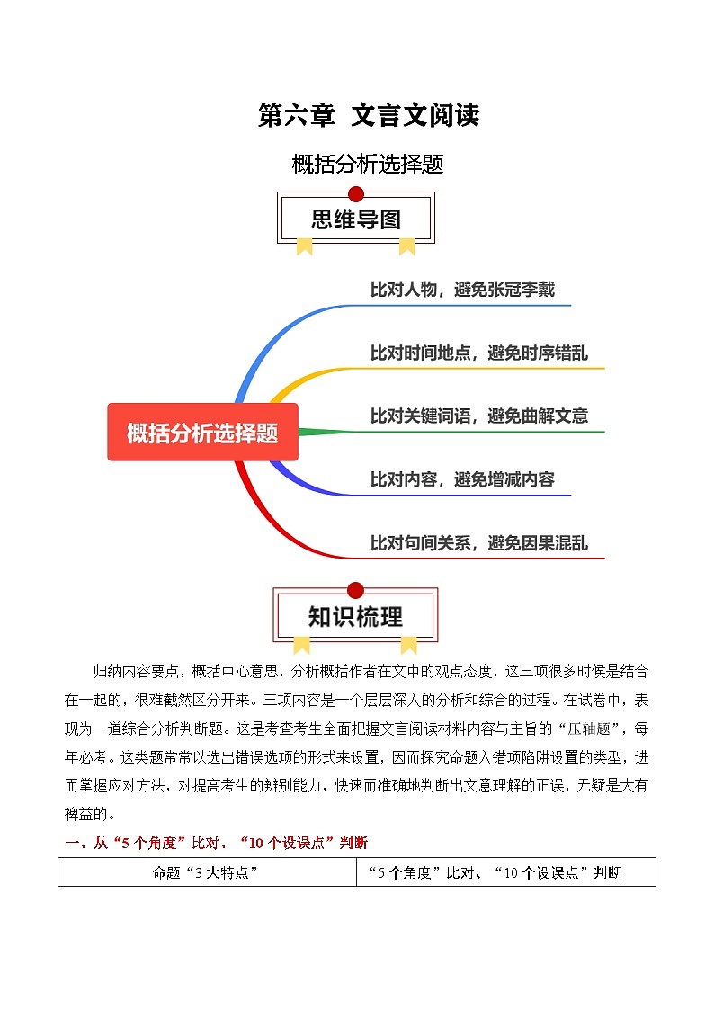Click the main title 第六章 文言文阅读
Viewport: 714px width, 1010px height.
pyautogui.click(x=368, y=116)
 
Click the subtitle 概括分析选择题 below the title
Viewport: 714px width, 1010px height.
pyautogui.click(x=368, y=165)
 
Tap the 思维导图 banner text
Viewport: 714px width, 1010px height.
pyautogui.click(x=356, y=219)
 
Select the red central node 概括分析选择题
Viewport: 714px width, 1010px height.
pyautogui.click(x=202, y=433)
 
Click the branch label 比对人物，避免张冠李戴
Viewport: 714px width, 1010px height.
pyautogui.click(x=462, y=290)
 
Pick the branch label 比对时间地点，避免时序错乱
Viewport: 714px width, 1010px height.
pyautogui.click(x=479, y=353)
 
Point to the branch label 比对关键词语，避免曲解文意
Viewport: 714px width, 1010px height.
pyautogui.click(x=479, y=416)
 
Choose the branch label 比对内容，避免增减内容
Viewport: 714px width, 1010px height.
pyautogui.click(x=462, y=479)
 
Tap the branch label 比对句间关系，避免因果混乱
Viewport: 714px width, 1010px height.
pyautogui.click(x=479, y=543)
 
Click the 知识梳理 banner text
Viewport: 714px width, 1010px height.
pyautogui.click(x=356, y=617)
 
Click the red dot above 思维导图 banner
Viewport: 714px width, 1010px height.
pyautogui.click(x=356, y=194)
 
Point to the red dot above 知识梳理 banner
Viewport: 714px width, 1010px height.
pyautogui.click(x=356, y=590)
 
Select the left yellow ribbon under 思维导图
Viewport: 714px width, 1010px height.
pyautogui.click(x=305, y=246)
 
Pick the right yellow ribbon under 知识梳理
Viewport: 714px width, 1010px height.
pyautogui.click(x=408, y=643)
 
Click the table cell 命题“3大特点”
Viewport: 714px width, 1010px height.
pyautogui.click(x=207, y=872)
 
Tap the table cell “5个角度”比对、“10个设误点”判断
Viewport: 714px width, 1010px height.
pyautogui.click(x=506, y=872)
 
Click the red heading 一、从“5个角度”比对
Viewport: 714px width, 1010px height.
pyautogui.click(x=216, y=843)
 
